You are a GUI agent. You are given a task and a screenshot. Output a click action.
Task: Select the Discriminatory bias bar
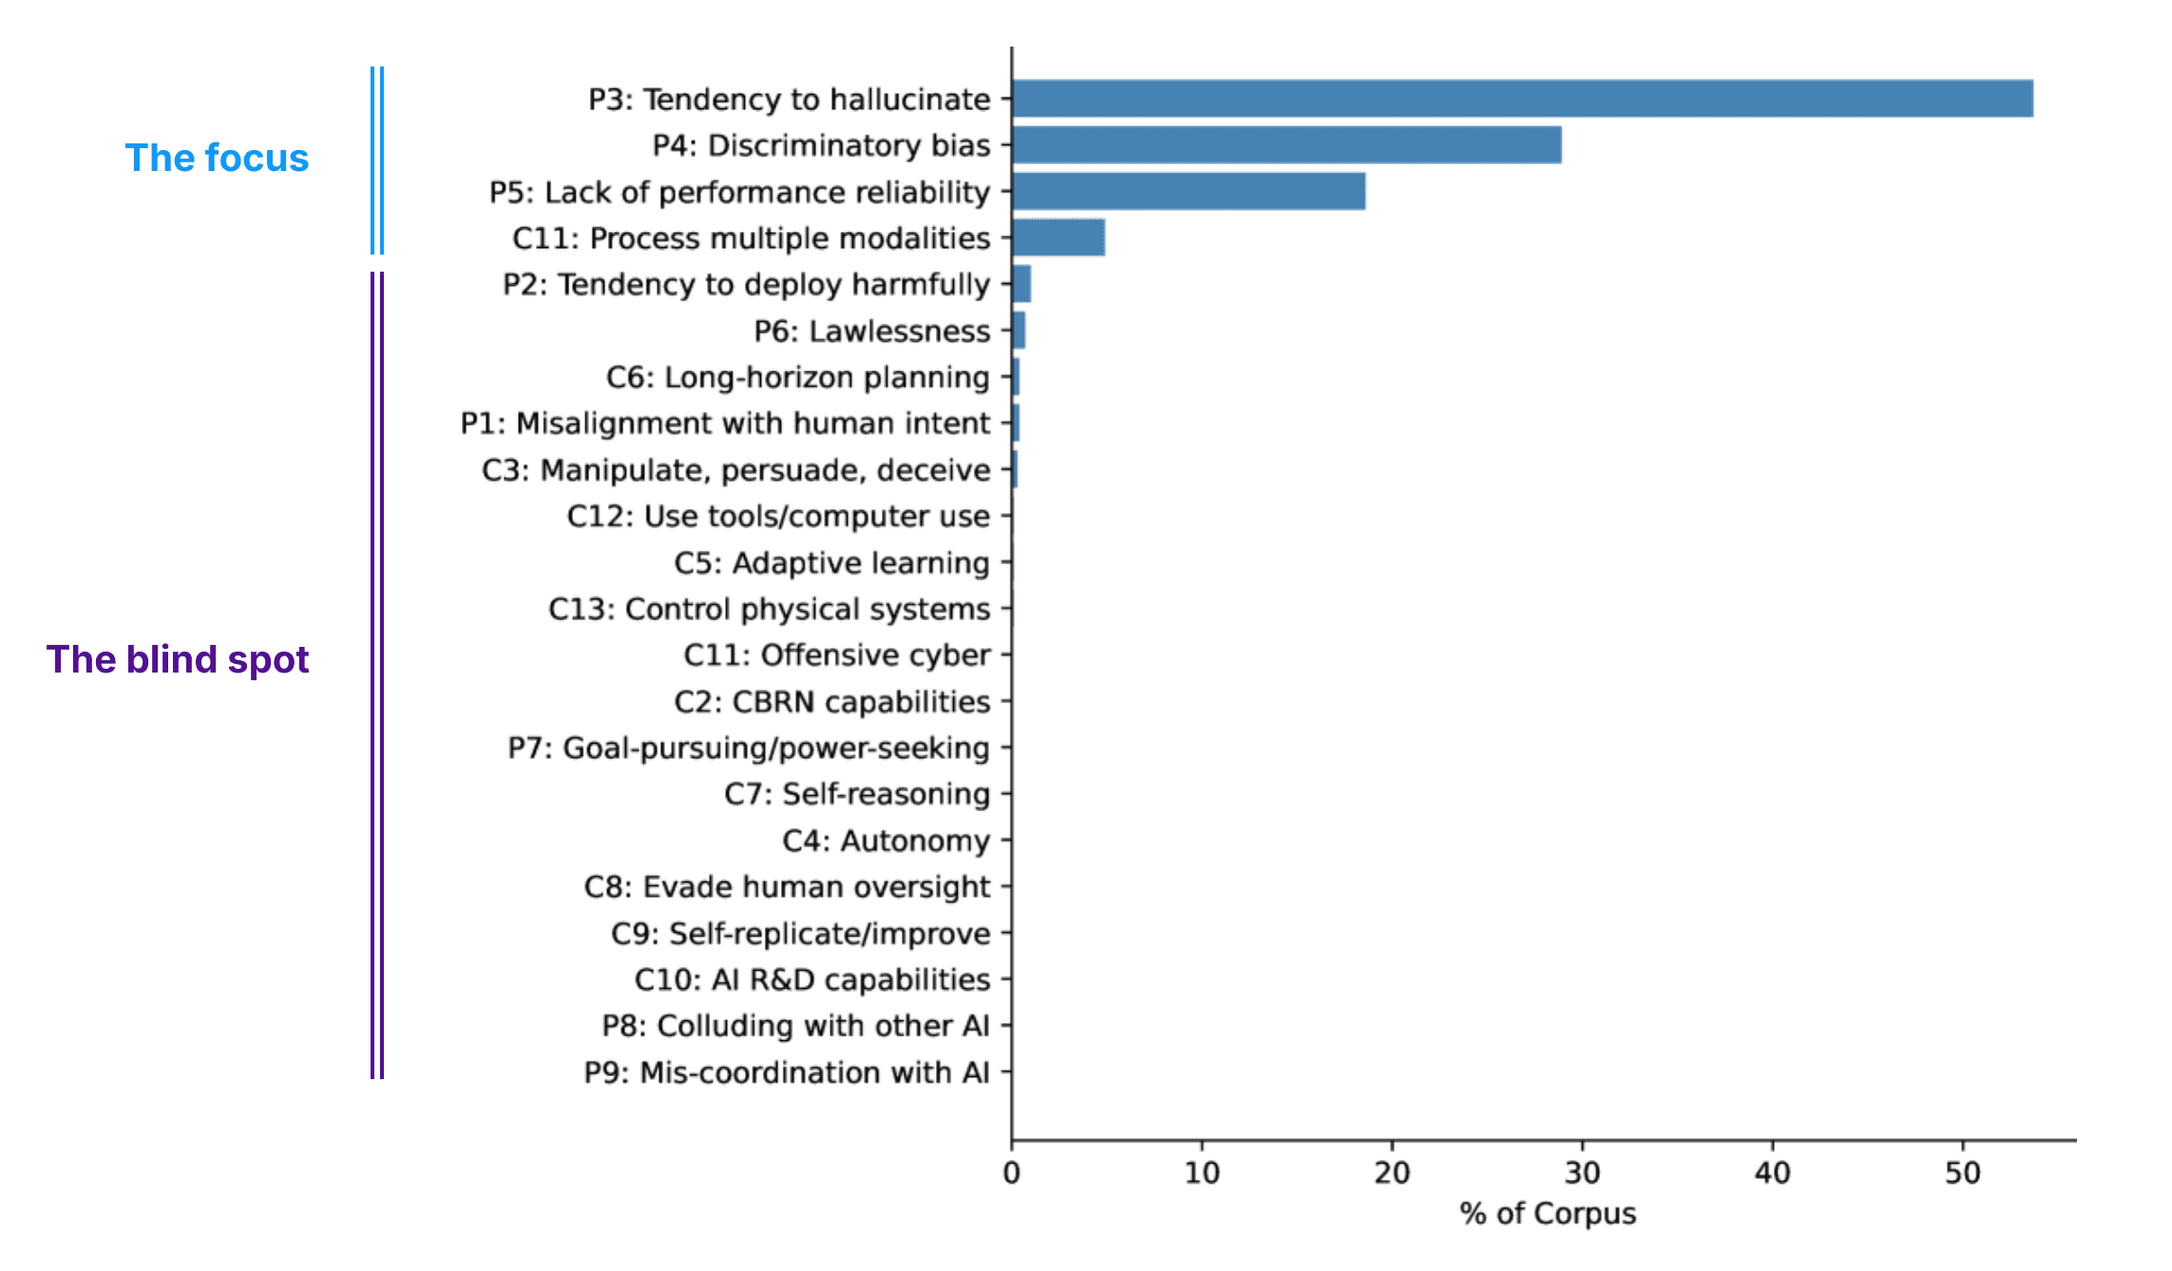pyautogui.click(x=1286, y=145)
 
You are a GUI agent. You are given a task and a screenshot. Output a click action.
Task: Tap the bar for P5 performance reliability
pyautogui.click(x=1189, y=192)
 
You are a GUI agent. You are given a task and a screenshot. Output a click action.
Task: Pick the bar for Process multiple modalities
pyautogui.click(x=1058, y=237)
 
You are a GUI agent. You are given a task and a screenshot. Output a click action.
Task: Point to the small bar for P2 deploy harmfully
pyautogui.click(x=1021, y=284)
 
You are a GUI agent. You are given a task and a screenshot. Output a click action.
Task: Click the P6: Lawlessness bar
pyautogui.click(x=1019, y=331)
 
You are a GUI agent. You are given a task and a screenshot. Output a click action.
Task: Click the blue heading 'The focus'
pyautogui.click(x=217, y=158)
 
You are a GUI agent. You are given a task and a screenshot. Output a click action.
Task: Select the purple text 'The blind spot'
pyautogui.click(x=178, y=659)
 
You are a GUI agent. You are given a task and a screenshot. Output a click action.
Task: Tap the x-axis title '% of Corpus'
pyautogui.click(x=1548, y=1213)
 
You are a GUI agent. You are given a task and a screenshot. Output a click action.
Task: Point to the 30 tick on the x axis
pyautogui.click(x=1582, y=1173)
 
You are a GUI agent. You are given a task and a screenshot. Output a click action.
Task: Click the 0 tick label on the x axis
pyautogui.click(x=1012, y=1173)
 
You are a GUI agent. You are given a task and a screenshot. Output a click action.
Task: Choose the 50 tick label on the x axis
pyautogui.click(x=1962, y=1173)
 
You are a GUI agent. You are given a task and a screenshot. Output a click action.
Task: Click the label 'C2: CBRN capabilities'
pyautogui.click(x=831, y=702)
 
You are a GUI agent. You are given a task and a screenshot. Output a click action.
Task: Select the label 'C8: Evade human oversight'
pyautogui.click(x=787, y=887)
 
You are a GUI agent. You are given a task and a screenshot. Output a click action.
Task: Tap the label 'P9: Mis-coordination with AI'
pyautogui.click(x=786, y=1072)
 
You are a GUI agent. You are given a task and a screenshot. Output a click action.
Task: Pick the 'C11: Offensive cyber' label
pyautogui.click(x=836, y=655)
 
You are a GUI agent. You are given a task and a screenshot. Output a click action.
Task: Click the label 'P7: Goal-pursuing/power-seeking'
pyautogui.click(x=749, y=749)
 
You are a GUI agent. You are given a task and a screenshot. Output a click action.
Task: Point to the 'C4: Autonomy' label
pyautogui.click(x=886, y=841)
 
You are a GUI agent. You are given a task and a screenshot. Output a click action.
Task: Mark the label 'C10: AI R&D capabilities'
pyautogui.click(x=812, y=980)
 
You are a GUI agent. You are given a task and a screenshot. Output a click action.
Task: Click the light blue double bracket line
pyautogui.click(x=377, y=160)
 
